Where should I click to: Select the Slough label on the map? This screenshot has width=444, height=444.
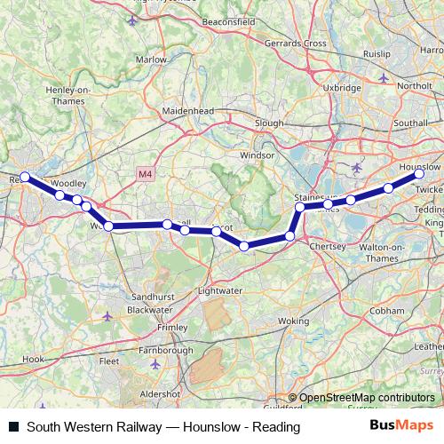tap(268, 123)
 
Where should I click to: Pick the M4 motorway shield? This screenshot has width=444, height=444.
tap(145, 174)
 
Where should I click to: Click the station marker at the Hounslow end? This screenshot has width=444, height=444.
tap(419, 175)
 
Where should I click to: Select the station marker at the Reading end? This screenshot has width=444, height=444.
tap(25, 177)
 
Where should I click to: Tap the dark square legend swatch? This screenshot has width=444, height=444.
tap(13, 427)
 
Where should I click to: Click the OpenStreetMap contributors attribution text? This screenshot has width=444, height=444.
tap(362, 398)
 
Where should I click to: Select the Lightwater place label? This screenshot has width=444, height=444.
tap(218, 290)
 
